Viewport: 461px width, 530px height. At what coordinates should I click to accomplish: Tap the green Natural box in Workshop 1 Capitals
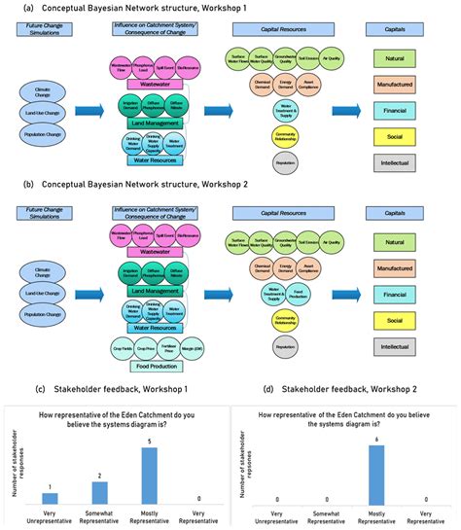pyautogui.click(x=402, y=63)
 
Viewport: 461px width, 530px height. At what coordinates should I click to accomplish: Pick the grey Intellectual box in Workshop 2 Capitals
pyautogui.click(x=402, y=342)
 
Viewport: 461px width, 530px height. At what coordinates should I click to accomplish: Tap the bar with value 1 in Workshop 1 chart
pyautogui.click(x=50, y=498)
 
